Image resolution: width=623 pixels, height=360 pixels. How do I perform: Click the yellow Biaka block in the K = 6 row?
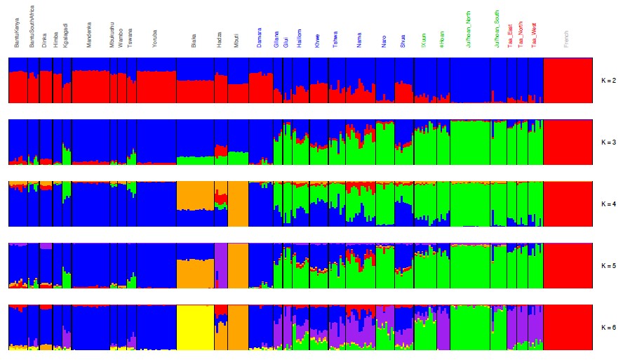click(194, 328)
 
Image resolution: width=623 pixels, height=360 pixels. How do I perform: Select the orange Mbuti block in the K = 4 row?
click(238, 204)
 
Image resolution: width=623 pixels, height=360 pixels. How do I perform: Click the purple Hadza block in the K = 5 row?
click(220, 266)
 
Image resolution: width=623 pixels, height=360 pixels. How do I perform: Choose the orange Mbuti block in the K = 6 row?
click(238, 328)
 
